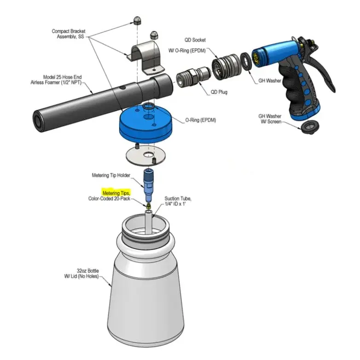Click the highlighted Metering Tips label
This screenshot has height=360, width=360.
coord(116,193)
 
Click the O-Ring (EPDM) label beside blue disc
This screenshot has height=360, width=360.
coord(200,120)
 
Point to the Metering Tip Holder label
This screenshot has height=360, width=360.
coord(110,175)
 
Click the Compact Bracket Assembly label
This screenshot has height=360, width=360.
coord(68,34)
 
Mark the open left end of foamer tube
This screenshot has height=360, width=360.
coord(38,121)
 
